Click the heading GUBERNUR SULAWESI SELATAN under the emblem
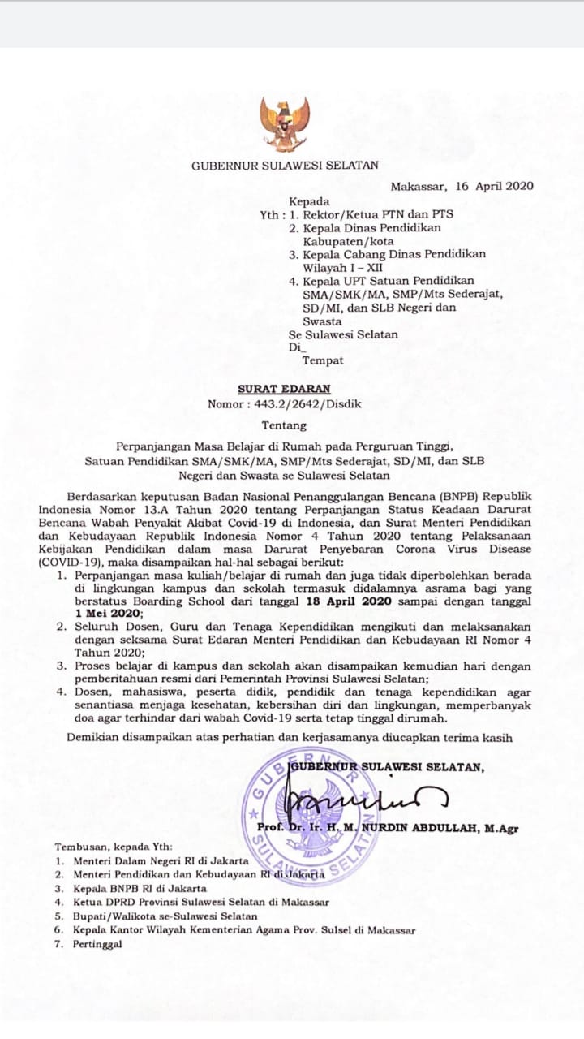[285, 166]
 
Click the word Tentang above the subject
[285, 425]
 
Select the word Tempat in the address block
[323, 360]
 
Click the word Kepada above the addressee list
[309, 200]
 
